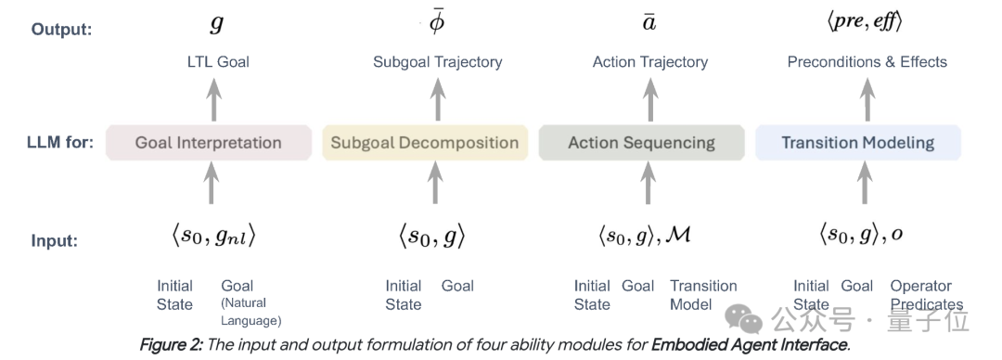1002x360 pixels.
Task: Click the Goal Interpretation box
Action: tap(209, 142)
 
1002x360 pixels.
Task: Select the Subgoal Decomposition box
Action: tap(425, 142)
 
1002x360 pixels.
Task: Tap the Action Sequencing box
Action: tap(642, 142)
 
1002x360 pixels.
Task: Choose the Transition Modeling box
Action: tap(858, 142)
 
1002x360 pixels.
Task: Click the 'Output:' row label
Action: tap(62, 30)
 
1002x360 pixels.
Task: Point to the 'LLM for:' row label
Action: tap(60, 142)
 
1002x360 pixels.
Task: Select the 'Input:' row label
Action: tap(55, 241)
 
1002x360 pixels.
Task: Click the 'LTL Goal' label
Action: tap(218, 62)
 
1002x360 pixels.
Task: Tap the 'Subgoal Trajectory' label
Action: tap(438, 62)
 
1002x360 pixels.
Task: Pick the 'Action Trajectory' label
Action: tap(649, 62)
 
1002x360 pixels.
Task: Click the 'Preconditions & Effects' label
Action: tap(867, 62)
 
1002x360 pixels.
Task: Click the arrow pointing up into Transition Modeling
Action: tap(865, 182)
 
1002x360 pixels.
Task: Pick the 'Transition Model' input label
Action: tap(703, 295)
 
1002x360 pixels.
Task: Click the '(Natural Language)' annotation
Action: tap(250, 312)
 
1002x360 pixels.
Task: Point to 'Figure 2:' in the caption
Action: tap(172, 346)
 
